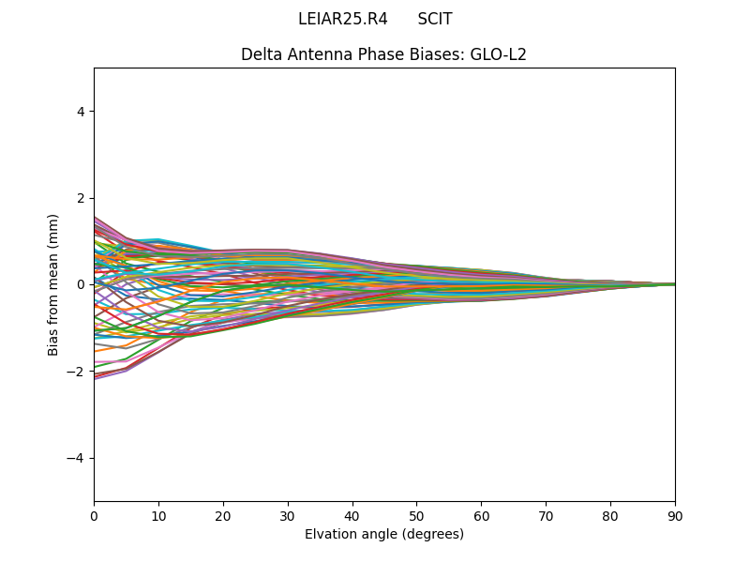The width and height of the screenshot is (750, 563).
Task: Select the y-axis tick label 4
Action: tap(82, 112)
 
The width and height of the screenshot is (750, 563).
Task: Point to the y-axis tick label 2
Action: tap(82, 198)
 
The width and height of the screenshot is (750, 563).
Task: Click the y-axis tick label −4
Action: tap(78, 458)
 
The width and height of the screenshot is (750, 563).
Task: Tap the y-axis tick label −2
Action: tap(78, 372)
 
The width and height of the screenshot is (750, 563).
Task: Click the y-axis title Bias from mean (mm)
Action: tap(54, 284)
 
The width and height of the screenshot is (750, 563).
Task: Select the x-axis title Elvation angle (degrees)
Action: tap(384, 535)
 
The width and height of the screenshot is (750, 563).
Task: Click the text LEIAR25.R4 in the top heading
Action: tap(342, 20)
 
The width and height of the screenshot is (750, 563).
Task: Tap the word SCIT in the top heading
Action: tap(435, 20)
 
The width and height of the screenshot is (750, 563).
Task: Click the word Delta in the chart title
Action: tap(261, 54)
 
